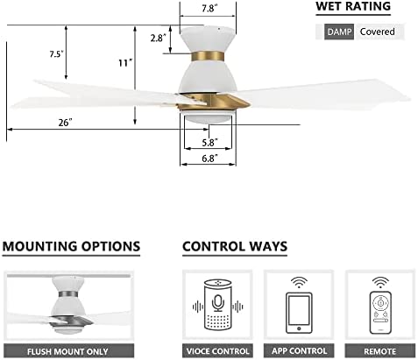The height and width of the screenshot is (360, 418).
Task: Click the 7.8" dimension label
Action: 209,9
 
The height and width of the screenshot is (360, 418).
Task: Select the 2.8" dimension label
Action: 158,38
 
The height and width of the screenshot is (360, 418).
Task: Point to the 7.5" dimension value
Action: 56,54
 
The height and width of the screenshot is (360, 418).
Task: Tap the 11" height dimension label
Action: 125,63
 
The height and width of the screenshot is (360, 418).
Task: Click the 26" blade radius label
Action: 65,123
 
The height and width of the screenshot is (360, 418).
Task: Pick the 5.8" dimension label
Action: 209,143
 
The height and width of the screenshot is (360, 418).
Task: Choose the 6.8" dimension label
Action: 209,159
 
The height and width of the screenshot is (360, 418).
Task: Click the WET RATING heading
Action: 353,6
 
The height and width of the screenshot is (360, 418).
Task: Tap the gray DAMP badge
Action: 339,32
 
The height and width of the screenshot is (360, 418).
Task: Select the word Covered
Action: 377,32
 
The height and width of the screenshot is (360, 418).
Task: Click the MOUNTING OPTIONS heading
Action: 71,246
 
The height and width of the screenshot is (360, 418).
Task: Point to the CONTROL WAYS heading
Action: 235,246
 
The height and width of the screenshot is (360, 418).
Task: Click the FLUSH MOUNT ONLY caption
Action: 67,351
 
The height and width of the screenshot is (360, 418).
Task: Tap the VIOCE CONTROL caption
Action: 217,351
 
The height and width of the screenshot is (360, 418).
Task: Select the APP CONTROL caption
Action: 299,351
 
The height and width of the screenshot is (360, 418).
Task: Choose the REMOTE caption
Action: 379,351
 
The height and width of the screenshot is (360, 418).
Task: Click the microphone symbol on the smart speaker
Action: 217,303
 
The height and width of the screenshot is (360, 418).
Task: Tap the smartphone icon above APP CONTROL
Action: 299,313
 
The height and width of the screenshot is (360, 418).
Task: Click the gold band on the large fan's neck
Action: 208,56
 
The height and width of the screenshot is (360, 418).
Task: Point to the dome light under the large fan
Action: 208,117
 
